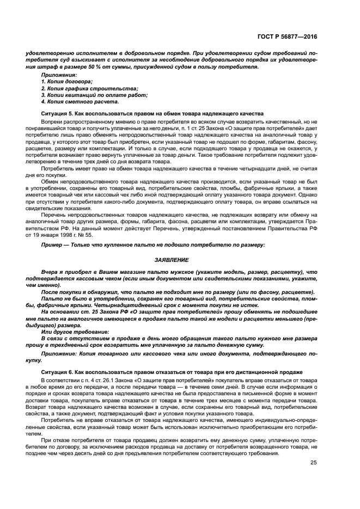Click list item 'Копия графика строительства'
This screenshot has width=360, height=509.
tap(86, 88)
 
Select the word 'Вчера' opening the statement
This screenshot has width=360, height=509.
tap(49, 271)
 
